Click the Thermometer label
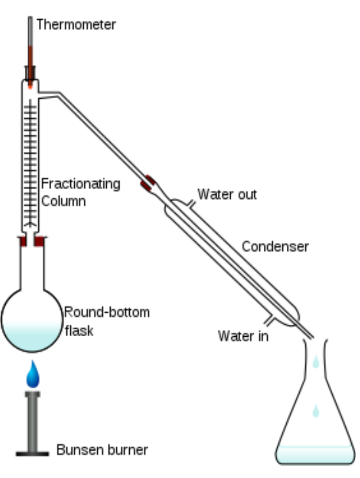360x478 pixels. point(76,24)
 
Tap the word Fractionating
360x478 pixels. point(81,184)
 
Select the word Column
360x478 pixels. point(63,201)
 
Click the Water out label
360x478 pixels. point(227,194)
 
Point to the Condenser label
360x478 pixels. point(275,246)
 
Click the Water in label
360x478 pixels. point(243,336)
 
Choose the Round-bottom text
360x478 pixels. point(107,312)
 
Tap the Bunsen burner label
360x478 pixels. point(102,450)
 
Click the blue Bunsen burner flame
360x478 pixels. point(33,375)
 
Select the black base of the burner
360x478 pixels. point(32,454)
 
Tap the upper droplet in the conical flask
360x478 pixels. point(316,362)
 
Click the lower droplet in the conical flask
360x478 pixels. point(316,410)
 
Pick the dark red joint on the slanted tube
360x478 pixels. point(148,183)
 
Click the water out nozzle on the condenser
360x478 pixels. point(191,204)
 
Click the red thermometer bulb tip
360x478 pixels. point(30,87)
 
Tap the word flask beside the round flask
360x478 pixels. point(79,331)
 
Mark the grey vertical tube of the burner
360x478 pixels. point(32,422)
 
